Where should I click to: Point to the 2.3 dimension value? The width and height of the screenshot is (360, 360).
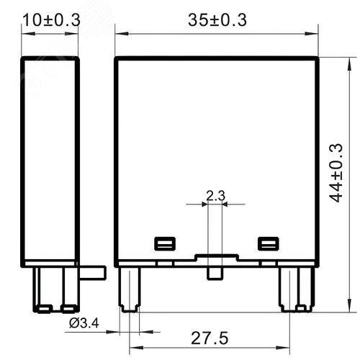(214, 194)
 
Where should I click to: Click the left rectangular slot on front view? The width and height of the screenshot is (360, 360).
(162, 243)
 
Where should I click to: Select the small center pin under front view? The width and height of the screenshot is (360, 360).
(214, 274)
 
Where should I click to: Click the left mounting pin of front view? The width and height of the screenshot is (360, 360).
(130, 288)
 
